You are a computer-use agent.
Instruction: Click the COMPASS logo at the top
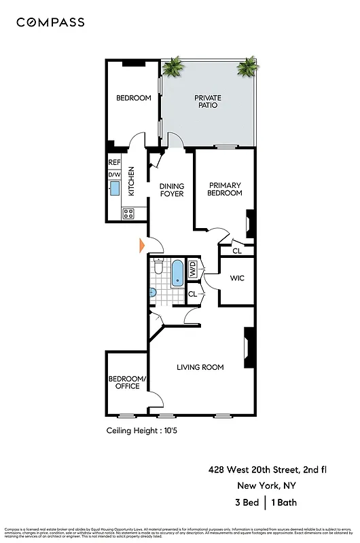(51, 22)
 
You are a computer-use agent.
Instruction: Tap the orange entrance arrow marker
(143, 246)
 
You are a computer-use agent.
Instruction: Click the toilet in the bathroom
(158, 268)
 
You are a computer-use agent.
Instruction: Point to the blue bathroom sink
(153, 293)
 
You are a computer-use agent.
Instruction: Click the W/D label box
(192, 267)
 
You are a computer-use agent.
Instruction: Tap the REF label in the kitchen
(114, 163)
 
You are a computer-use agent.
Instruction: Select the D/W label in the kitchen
(114, 175)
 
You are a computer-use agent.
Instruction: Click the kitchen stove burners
(128, 213)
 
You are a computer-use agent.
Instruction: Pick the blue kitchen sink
(114, 188)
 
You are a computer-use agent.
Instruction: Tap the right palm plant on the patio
(247, 67)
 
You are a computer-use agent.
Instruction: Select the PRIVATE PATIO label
(208, 102)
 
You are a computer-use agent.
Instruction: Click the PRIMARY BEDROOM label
(225, 189)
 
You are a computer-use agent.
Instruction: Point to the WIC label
(237, 278)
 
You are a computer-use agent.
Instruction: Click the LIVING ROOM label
(200, 367)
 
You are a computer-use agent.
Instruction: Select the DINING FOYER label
(172, 189)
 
